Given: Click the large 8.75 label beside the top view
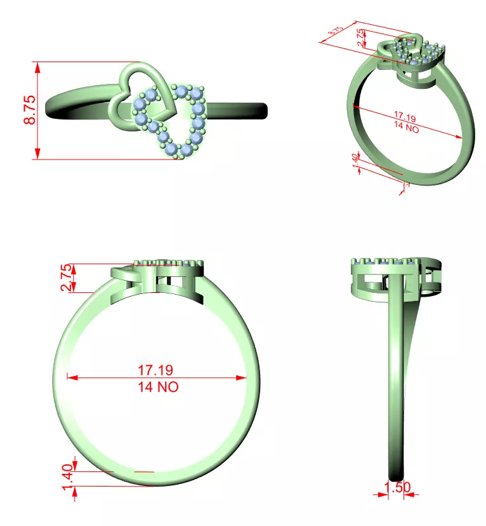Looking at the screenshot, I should click(29, 110).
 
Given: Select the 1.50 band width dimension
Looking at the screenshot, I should click(398, 487).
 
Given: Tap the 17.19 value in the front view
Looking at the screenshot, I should click(156, 369).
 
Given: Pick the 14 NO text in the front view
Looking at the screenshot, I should click(156, 386).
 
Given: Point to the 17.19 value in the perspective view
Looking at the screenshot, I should click(404, 117).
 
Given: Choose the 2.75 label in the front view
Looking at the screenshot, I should click(65, 278).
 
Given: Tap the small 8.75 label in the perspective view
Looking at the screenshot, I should click(335, 31).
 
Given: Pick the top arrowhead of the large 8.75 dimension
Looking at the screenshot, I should click(38, 66).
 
